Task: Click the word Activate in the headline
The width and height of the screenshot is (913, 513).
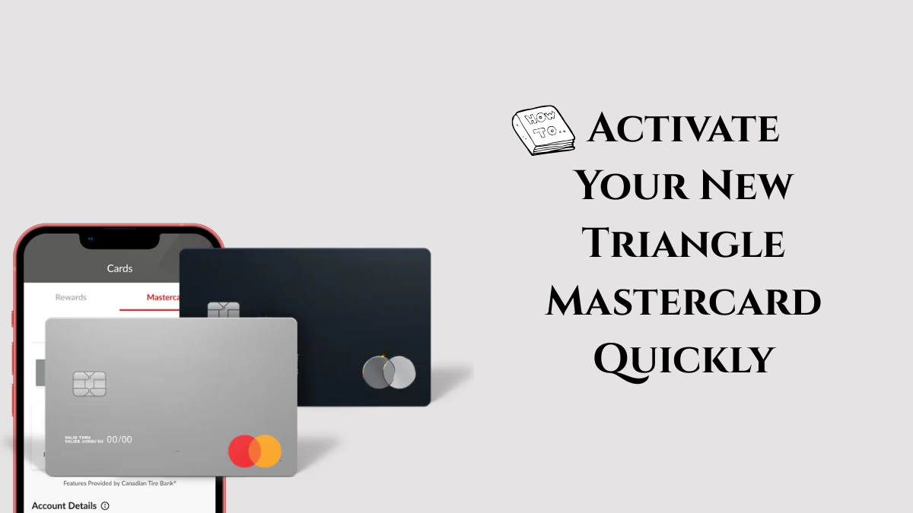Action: pyautogui.click(x=683, y=128)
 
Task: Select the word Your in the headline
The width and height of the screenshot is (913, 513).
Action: pyautogui.click(x=623, y=185)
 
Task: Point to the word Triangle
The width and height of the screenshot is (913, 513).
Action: pyautogui.click(x=683, y=243)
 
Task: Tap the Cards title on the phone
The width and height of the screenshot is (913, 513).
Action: pyautogui.click(x=119, y=268)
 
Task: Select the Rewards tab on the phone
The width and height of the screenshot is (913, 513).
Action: pyautogui.click(x=71, y=297)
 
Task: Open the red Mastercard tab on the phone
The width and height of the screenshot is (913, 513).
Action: pyautogui.click(x=162, y=297)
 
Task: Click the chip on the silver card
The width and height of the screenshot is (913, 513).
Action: pyautogui.click(x=89, y=384)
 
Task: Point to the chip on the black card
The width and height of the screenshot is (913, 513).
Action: pyautogui.click(x=223, y=310)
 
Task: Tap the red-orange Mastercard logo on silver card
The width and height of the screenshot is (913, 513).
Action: pyautogui.click(x=255, y=451)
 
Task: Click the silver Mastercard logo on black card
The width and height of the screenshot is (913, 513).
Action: pyautogui.click(x=389, y=372)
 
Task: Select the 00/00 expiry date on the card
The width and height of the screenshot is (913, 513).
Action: pyautogui.click(x=119, y=439)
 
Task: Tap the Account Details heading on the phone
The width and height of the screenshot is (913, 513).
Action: pyautogui.click(x=64, y=505)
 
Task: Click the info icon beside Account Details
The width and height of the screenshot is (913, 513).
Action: pyautogui.click(x=105, y=505)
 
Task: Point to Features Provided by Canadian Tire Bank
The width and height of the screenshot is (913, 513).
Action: pyautogui.click(x=119, y=483)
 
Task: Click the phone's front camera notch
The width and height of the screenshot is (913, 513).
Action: pyautogui.click(x=119, y=239)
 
